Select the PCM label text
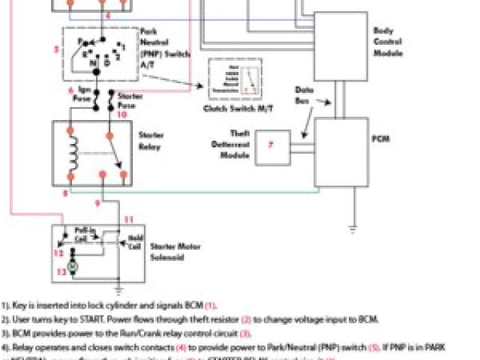379,137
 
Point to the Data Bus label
325,94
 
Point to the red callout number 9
97,202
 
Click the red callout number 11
127,219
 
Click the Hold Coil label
135,243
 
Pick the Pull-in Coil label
85,234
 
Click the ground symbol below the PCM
353,226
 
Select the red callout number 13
61,273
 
